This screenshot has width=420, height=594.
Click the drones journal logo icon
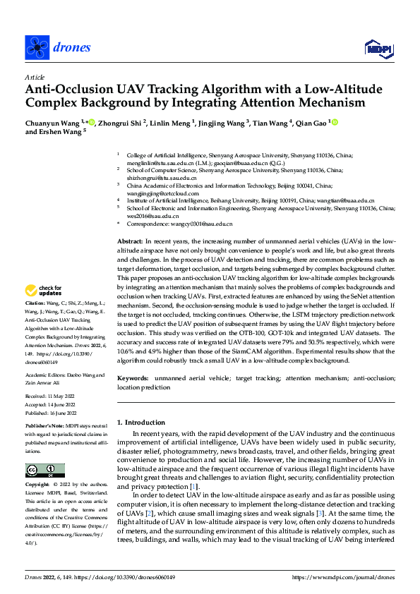pyautogui.click(x=35, y=47)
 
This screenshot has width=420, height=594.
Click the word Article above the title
pyautogui.click(x=35, y=77)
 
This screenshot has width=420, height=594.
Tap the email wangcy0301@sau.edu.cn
pyautogui.click(x=188, y=224)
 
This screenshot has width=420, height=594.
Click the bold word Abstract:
pyautogui.click(x=131, y=241)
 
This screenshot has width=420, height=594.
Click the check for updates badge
pyautogui.click(x=43, y=290)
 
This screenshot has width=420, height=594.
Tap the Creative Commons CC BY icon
pyautogui.click(x=41, y=470)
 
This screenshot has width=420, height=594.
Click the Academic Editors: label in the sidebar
pyautogui.click(x=46, y=376)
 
